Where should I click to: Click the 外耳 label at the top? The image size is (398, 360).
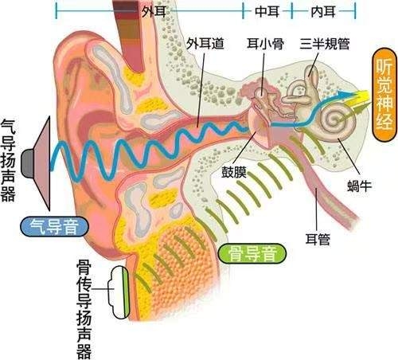click(154, 11)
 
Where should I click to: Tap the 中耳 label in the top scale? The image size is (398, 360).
click(267, 12)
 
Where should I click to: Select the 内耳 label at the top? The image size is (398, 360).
click(323, 12)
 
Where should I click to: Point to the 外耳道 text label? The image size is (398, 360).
click(205, 44)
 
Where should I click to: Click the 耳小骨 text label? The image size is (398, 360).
click(265, 44)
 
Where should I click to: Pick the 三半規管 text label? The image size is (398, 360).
click(325, 44)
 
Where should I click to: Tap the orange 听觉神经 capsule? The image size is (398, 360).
click(384, 95)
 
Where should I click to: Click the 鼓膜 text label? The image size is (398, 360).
click(234, 172)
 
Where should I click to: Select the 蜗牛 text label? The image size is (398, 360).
click(360, 186)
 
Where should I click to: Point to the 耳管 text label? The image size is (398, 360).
click(318, 239)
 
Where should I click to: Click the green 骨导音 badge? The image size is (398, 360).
click(252, 253)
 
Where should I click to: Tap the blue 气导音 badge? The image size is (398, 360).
click(54, 226)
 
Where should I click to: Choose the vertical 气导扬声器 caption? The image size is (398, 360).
click(8, 160)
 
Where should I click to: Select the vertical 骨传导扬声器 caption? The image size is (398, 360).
click(84, 309)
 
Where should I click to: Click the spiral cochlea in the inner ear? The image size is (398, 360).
click(338, 121)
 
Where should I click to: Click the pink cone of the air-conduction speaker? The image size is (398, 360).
click(41, 163)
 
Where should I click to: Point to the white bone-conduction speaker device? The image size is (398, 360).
click(119, 292)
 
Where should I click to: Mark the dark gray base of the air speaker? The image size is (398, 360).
click(28, 163)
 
